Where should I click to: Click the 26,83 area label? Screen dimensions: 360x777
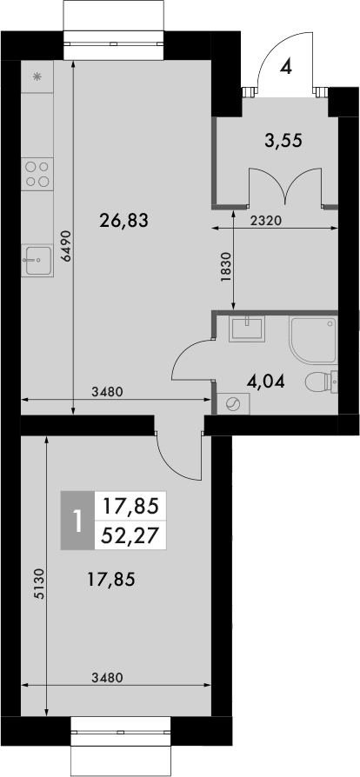(x=124, y=220)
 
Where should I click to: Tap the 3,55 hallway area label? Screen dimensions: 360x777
(x=283, y=141)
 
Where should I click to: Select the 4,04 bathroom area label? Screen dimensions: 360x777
(x=266, y=382)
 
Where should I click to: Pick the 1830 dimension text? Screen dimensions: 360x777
(x=225, y=268)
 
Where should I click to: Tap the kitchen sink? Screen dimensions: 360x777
(x=37, y=260)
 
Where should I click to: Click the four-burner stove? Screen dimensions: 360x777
(x=37, y=174)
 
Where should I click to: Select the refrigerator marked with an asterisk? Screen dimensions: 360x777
(x=37, y=76)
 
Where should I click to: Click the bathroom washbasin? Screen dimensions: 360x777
(x=246, y=328)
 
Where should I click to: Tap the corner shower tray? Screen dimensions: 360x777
(x=314, y=340)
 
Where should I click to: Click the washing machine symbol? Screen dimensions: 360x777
(x=233, y=405)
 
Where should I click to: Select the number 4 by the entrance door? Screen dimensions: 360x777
(x=285, y=66)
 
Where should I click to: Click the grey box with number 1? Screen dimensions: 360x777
(x=77, y=521)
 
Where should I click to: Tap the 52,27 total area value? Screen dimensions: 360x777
(x=130, y=535)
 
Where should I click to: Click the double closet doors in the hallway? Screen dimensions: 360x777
(x=285, y=186)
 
